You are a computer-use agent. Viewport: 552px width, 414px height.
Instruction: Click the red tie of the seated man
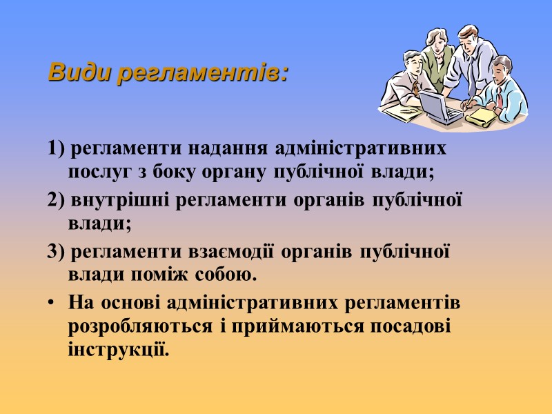[499, 97]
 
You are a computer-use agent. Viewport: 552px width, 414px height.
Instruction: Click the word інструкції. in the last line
[118, 348]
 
